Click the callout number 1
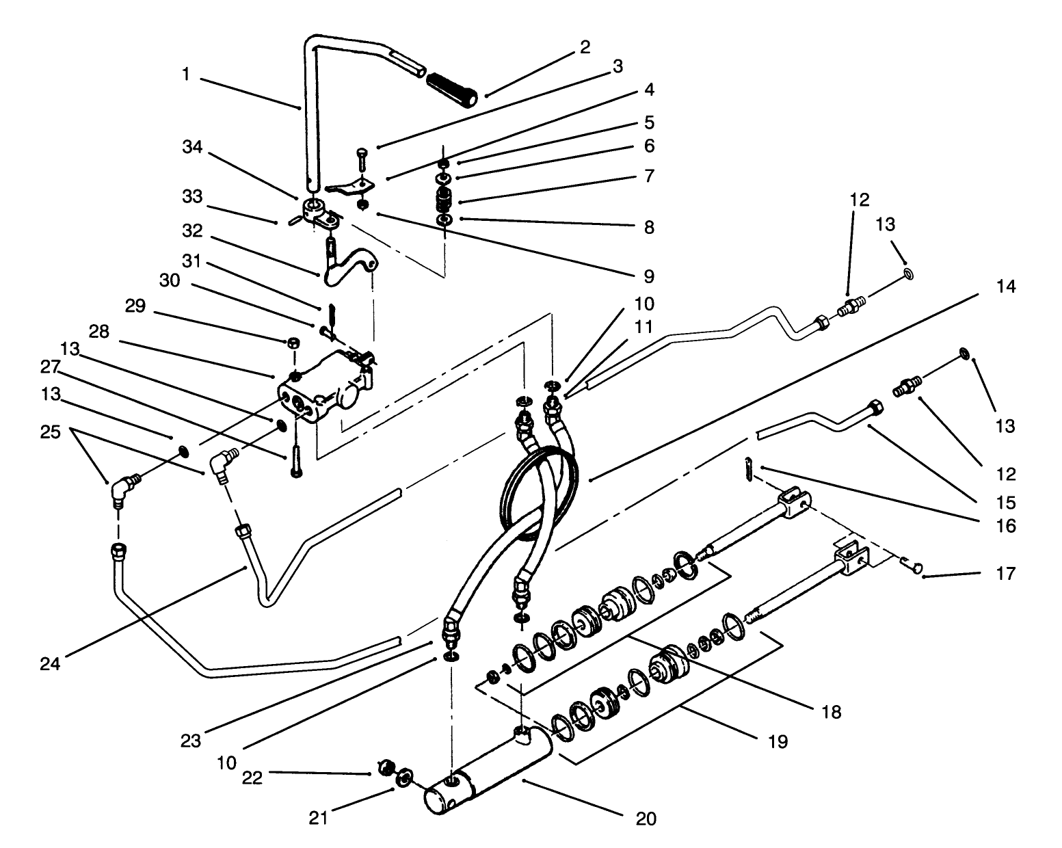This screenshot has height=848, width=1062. pyautogui.click(x=186, y=74)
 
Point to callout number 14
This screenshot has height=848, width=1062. pyautogui.click(x=1005, y=287)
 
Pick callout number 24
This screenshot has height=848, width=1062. pyautogui.click(x=51, y=663)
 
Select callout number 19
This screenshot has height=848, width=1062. pyautogui.click(x=778, y=741)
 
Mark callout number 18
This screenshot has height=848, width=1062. pyautogui.click(x=831, y=712)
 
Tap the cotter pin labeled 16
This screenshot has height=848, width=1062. pyautogui.click(x=749, y=471)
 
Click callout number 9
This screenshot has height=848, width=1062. pyautogui.click(x=646, y=276)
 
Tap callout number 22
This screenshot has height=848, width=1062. pyautogui.click(x=252, y=778)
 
